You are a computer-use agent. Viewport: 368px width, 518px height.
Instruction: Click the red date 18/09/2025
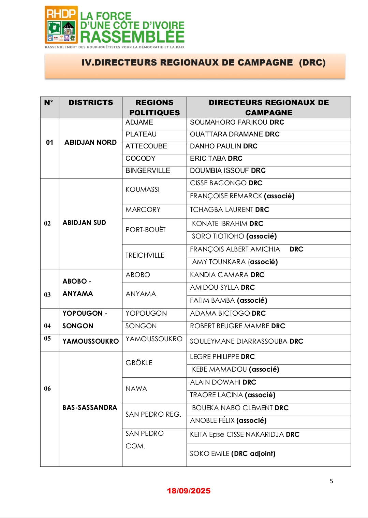189,491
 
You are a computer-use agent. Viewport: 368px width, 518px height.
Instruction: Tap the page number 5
331,481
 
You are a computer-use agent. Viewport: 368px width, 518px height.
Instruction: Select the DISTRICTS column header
91,103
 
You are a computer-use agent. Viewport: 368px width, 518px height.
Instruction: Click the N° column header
49,103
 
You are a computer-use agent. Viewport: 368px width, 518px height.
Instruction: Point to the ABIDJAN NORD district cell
90,142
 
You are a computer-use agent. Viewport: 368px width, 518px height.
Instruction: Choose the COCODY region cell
141,159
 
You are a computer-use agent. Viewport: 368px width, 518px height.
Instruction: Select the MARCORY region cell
143,210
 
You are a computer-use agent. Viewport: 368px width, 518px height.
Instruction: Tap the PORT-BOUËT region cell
146,230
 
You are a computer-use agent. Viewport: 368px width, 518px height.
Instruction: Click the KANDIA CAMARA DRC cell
227,275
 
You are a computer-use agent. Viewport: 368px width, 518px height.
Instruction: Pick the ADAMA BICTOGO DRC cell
228,314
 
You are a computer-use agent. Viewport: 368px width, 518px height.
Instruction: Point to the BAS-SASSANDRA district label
90,407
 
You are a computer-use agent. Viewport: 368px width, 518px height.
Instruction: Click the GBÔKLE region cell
139,363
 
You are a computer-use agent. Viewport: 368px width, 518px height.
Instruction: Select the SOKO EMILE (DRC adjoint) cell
233,454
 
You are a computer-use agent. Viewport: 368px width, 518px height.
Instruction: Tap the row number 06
47,389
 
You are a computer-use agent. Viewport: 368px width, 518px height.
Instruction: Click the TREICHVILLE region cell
145,255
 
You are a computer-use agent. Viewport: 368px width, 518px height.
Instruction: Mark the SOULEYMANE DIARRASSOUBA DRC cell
246,342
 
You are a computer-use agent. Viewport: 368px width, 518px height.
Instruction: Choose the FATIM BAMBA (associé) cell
229,301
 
